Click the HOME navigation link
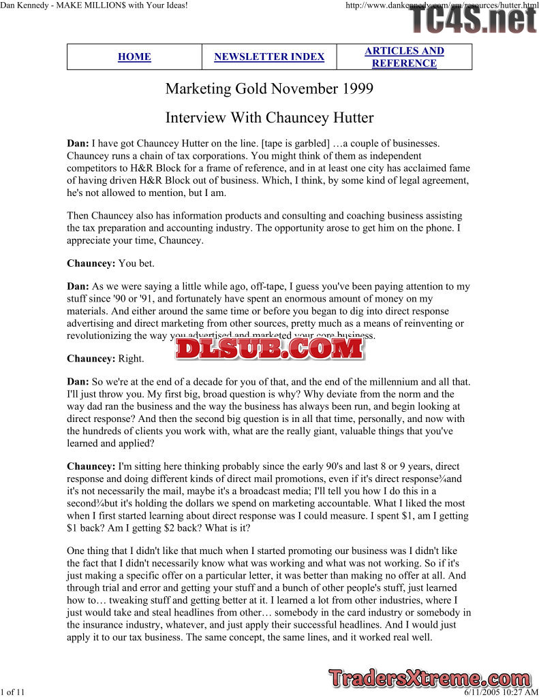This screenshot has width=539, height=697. click(134, 57)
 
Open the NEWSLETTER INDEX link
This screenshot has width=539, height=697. click(269, 57)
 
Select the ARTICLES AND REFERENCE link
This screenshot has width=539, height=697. click(404, 57)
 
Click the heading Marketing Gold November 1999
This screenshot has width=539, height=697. click(269, 89)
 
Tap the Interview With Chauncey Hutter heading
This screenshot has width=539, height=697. click(269, 118)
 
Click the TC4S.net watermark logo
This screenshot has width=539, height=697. click(473, 20)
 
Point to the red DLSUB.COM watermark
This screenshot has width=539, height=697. click(269, 348)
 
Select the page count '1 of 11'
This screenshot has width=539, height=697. click(13, 692)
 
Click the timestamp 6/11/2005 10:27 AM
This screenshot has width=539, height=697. click(501, 692)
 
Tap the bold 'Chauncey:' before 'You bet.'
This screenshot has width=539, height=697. click(91, 263)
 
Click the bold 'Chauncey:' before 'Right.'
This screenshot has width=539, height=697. click(91, 359)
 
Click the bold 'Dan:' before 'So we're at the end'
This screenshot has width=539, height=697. click(78, 382)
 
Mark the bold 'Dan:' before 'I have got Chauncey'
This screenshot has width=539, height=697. click(78, 144)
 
